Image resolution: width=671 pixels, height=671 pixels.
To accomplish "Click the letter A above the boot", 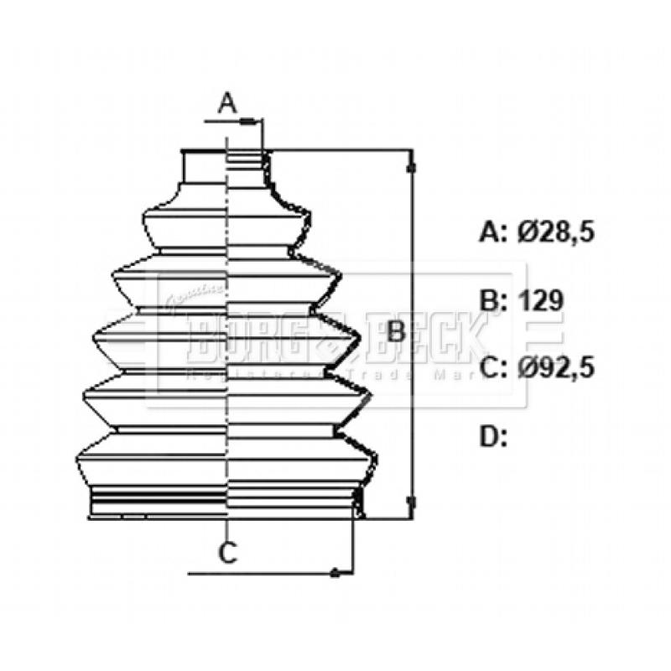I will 227,104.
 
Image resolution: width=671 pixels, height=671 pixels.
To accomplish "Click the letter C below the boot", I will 227,553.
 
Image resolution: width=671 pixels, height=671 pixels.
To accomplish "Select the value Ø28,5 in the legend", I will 555,232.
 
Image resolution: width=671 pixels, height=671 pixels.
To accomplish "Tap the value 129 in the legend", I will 539,300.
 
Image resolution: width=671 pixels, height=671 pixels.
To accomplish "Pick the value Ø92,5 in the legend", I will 555,367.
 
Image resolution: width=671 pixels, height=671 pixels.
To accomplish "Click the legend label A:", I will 494,232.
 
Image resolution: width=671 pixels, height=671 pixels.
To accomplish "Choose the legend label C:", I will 494,367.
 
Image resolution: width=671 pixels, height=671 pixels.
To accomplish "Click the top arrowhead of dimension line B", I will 410,168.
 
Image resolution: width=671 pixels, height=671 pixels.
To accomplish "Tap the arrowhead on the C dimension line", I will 335,574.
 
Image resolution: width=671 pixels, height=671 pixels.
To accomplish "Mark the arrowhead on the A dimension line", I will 247,122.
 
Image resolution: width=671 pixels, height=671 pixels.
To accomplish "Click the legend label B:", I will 494,300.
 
